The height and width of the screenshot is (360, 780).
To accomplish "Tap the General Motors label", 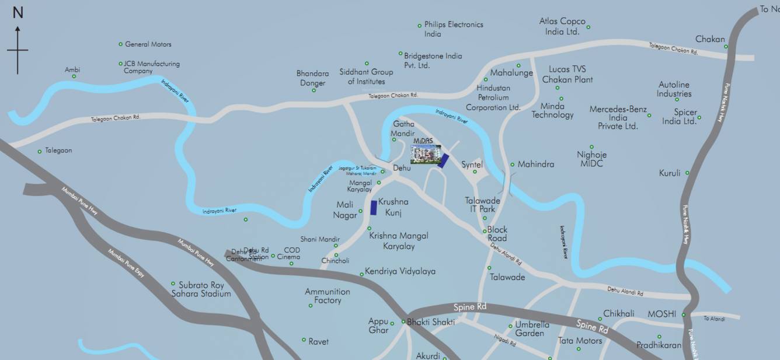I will (148, 44).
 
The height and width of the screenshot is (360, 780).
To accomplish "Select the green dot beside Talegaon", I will (40, 151).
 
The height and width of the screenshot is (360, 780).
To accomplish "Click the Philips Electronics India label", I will (454, 29).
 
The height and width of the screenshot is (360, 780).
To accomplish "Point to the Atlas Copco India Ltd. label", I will (562, 26).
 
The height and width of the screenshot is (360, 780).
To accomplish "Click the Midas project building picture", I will (426, 154).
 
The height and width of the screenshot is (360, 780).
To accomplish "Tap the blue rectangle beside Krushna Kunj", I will (374, 208).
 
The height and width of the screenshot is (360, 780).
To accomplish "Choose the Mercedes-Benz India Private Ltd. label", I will (618, 117).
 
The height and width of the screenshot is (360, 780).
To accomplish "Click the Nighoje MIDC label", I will (591, 159).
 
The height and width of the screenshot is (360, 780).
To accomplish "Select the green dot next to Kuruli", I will (687, 173).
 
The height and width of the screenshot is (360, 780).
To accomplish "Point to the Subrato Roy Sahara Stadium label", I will (201, 289).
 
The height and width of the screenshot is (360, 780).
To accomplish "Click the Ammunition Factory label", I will (328, 296).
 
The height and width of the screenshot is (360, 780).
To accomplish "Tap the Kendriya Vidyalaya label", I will (400, 271).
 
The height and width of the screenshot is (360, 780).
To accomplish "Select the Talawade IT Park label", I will (480, 204).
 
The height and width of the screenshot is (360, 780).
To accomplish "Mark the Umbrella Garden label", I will (531, 329).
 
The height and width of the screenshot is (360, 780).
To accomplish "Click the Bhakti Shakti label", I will (430, 321).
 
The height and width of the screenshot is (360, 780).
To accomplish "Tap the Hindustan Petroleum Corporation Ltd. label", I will (493, 97).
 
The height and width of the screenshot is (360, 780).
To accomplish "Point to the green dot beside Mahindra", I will (512, 165).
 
